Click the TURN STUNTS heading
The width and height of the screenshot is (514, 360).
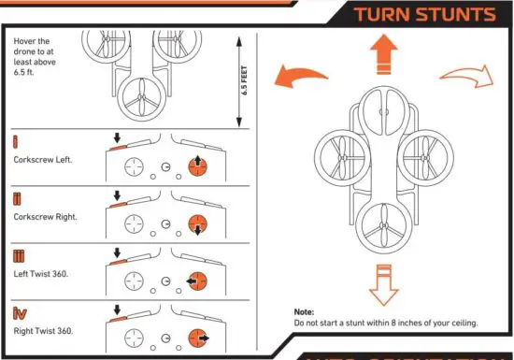point(424,14)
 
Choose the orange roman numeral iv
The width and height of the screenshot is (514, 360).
point(19,312)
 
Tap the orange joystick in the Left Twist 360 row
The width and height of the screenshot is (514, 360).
point(197,281)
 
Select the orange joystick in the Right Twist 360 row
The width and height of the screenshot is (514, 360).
point(197,338)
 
